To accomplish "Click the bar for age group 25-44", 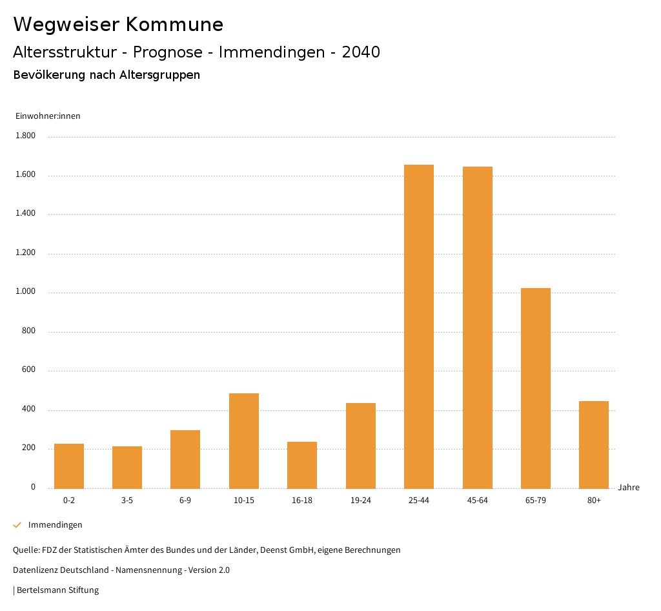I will (419, 326).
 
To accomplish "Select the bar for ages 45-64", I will (477, 327).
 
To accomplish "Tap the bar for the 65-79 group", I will (536, 388).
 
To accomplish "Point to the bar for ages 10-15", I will (244, 440).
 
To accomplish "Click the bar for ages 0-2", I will (69, 466).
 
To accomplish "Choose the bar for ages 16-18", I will (302, 465).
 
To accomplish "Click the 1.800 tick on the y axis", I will (26, 136).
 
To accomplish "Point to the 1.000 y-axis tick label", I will (26, 292).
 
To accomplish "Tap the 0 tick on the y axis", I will (33, 487).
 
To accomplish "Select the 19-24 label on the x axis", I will (360, 501).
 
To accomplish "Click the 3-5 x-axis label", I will (127, 501).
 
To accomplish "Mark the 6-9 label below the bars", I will (185, 501).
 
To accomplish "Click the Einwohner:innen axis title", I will (48, 116).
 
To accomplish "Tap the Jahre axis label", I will (629, 488).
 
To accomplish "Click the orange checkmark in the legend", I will (17, 525).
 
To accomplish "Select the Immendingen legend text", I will (55, 525).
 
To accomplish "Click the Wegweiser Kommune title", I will (118, 25).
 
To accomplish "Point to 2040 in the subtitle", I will (361, 52).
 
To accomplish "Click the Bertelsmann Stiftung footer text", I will (57, 590).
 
